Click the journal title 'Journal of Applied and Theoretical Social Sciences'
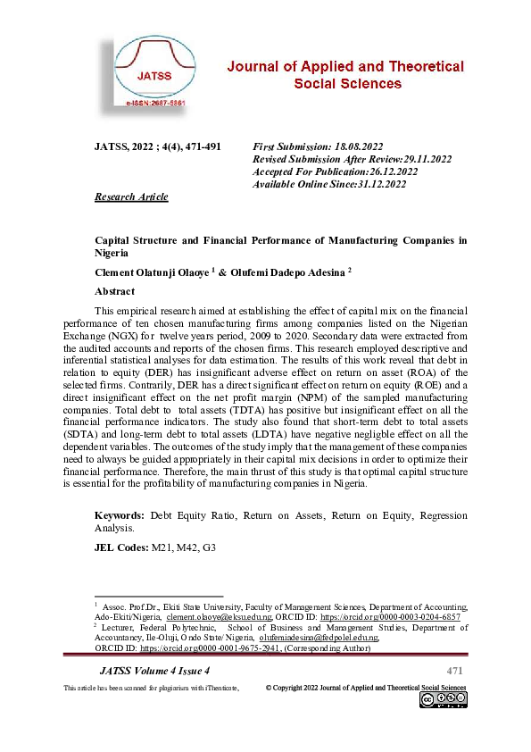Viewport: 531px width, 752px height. tap(346, 75)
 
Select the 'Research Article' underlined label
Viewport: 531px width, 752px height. tap(131, 196)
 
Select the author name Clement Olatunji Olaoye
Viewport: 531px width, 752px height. tap(157, 272)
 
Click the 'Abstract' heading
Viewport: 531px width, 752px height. tap(114, 291)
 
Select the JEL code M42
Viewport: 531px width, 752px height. tap(186, 547)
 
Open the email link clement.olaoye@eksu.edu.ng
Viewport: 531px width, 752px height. tap(220, 617)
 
